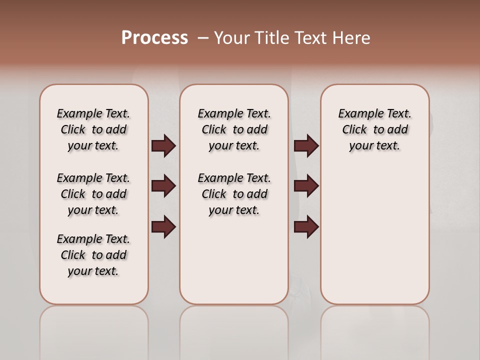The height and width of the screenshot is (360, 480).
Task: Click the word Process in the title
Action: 154,38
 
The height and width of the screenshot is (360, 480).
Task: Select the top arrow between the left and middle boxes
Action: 163,146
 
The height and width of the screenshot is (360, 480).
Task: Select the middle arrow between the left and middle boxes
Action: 163,186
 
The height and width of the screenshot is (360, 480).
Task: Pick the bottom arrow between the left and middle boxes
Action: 163,227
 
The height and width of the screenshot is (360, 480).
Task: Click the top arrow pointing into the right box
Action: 306,146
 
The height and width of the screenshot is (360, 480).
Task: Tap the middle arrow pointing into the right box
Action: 306,186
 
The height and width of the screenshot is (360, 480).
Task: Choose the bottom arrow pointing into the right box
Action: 306,227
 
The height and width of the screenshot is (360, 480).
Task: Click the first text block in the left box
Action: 93,129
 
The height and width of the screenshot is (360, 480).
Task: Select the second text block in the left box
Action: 93,194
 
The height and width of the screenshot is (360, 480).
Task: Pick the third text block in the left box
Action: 93,255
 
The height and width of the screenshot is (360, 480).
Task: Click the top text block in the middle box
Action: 234,129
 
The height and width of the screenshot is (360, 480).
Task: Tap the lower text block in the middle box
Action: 234,194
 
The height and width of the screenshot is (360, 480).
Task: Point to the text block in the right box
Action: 374,129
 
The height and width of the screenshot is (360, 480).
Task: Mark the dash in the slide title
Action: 203,38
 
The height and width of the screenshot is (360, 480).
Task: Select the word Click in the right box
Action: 354,130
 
